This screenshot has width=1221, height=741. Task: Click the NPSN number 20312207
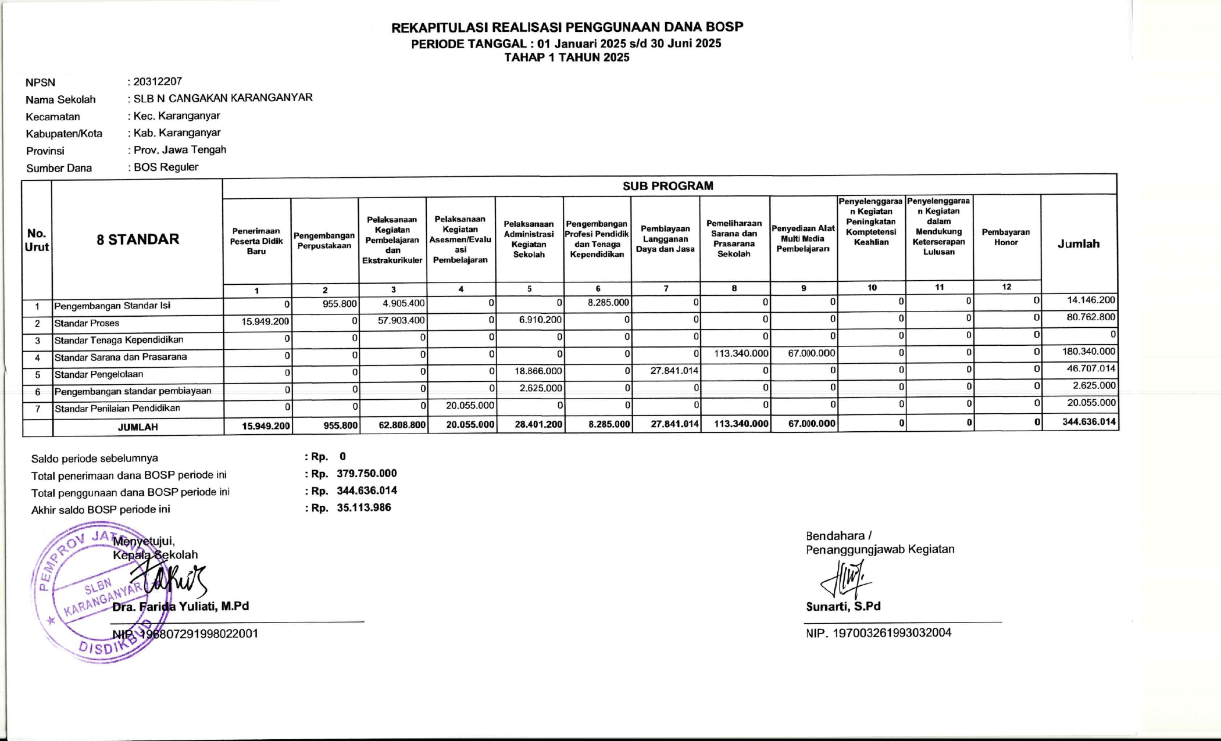coord(157,81)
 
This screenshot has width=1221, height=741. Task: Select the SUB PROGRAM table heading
coord(667,186)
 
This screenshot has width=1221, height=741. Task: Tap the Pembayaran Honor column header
coord(1005,237)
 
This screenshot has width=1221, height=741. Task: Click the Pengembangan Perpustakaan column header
coord(324,241)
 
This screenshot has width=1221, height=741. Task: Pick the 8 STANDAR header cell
coord(138,239)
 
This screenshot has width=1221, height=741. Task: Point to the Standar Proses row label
coord(87,323)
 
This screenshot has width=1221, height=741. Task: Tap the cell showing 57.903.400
coord(401,320)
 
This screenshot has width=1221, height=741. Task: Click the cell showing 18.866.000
coord(538,371)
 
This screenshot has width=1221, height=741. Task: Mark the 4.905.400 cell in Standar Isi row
coord(404,303)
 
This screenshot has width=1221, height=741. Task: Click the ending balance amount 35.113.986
coord(364,508)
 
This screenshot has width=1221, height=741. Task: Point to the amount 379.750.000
coord(367,474)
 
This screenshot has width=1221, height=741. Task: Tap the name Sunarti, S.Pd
coord(843,607)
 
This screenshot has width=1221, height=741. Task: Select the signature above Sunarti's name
coord(846,578)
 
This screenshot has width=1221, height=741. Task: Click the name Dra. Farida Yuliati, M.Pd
coord(181,607)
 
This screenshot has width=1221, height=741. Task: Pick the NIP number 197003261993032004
coord(892,633)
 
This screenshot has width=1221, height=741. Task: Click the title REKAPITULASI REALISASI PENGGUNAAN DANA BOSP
coord(567,27)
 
